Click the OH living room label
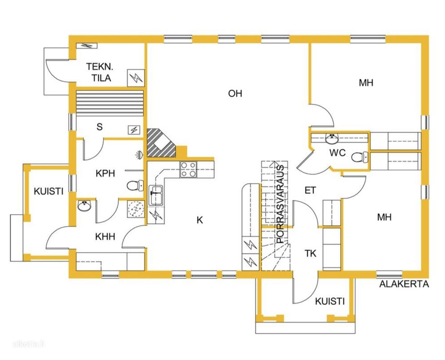235,93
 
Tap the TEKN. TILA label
99,72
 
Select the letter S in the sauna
99,127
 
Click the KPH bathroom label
105,173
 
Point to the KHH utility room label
105,236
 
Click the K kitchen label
200,220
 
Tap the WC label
337,153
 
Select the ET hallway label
310,190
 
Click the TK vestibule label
311,253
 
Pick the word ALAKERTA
404,284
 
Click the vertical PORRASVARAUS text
280,204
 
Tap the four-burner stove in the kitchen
188,170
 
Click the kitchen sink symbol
156,195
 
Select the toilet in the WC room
360,157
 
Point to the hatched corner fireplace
161,143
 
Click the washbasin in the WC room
331,138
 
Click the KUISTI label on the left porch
49,191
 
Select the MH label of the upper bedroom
366,83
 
